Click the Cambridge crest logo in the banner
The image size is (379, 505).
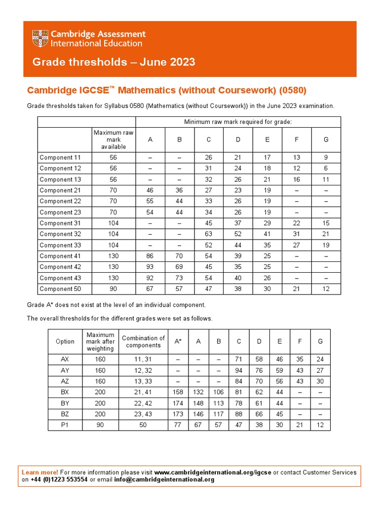coord(40,38)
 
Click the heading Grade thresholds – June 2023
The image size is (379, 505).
coord(114,62)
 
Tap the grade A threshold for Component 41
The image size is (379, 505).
coord(150,256)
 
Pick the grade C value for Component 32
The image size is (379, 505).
coord(209,234)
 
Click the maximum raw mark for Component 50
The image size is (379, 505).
coord(114,289)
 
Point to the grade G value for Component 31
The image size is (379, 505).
coord(326,223)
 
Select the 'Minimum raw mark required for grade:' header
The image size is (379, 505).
coord(238,122)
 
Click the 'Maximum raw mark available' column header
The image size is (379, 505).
coord(114,140)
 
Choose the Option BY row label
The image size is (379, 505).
coord(65,403)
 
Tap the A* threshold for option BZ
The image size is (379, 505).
coord(178,414)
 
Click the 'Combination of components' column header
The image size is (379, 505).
coord(143,341)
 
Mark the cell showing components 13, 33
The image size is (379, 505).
coord(143,381)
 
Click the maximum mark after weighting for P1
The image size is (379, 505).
coord(100,425)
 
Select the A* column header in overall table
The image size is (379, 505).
coord(178,341)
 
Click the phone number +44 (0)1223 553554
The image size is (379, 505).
coord(59,479)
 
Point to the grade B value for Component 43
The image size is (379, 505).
coord(180,278)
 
